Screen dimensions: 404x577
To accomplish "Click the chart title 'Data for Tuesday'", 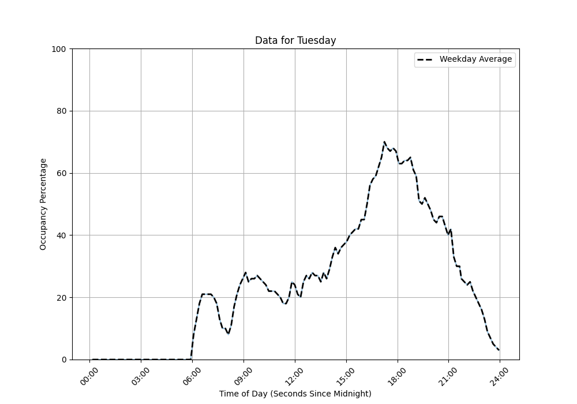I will click(x=295, y=40).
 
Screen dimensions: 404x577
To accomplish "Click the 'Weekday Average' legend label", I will click(x=475, y=59).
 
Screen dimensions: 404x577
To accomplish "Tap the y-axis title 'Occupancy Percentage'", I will click(x=43, y=204).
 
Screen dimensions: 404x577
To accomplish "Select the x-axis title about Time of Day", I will click(x=295, y=394).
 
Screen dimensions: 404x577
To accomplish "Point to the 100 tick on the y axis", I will click(x=59, y=49).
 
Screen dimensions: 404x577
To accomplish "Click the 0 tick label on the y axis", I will click(x=63, y=360).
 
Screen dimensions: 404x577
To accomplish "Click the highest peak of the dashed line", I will click(x=384, y=142).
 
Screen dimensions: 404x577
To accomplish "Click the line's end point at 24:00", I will click(x=499, y=350).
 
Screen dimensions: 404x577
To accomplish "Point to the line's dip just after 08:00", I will click(x=228, y=334).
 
